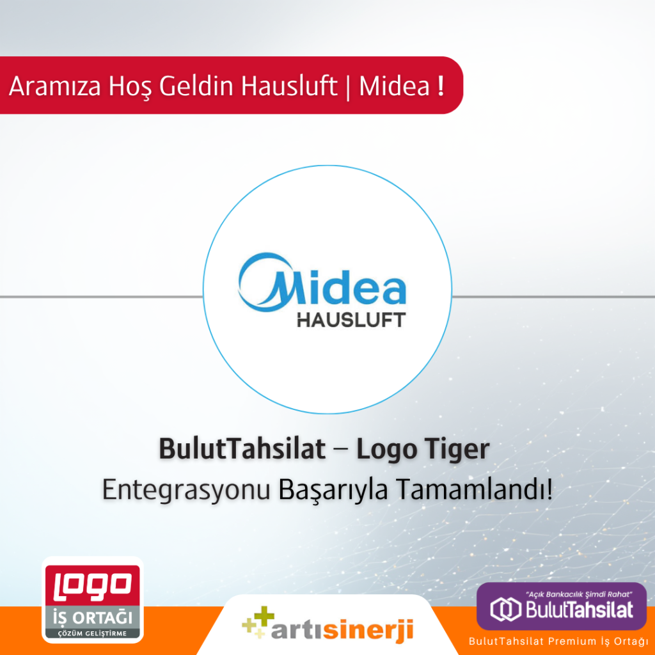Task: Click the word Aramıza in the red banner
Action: [x=55, y=86]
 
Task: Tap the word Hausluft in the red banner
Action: [x=289, y=86]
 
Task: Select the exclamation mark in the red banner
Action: [x=441, y=86]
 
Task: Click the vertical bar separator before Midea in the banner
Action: [x=348, y=87]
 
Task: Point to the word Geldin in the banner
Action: [x=196, y=86]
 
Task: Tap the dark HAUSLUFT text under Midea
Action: [x=351, y=320]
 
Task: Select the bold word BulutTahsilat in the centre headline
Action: [x=242, y=449]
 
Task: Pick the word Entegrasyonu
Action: [x=186, y=489]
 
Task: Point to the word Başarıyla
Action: [x=333, y=489]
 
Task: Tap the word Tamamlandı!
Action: [x=475, y=489]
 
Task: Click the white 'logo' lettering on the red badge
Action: [x=93, y=584]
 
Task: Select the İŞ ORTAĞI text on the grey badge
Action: [x=93, y=617]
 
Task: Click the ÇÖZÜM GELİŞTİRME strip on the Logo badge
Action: [x=92, y=633]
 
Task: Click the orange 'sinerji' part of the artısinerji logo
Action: [x=368, y=630]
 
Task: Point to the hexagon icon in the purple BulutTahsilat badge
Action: [x=505, y=609]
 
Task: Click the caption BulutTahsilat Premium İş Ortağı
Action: [x=558, y=641]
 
